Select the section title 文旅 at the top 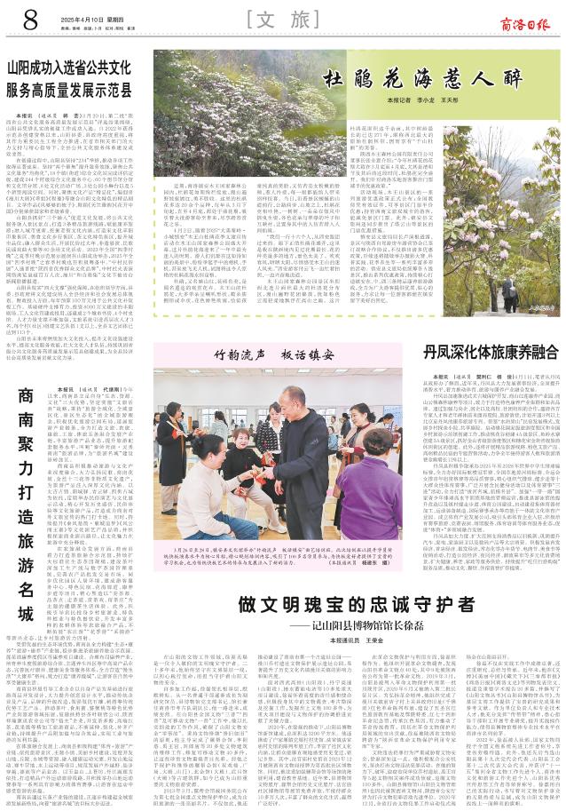[282, 18]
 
